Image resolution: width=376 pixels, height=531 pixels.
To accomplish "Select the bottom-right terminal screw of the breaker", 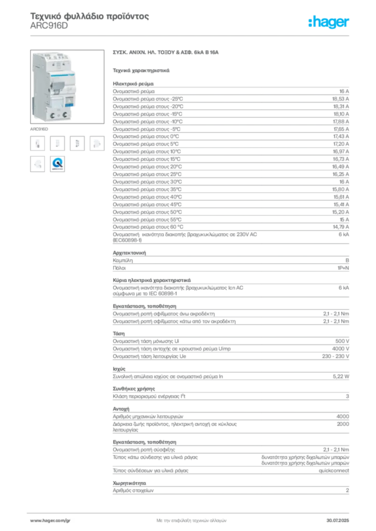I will click(66, 112).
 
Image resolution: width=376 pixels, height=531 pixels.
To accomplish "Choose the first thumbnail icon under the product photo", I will click(37, 144).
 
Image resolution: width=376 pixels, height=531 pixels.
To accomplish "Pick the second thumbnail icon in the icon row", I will click(58, 144).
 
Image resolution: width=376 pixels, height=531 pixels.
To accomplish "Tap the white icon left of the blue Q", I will click(37, 164).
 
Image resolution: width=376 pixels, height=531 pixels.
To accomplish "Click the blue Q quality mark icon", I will click(58, 164).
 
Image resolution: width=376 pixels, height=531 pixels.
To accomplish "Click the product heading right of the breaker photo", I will click(166, 53).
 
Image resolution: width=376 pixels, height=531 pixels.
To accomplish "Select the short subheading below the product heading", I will click(141, 69).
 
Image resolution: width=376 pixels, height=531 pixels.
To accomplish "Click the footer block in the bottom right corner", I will click(341, 518).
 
